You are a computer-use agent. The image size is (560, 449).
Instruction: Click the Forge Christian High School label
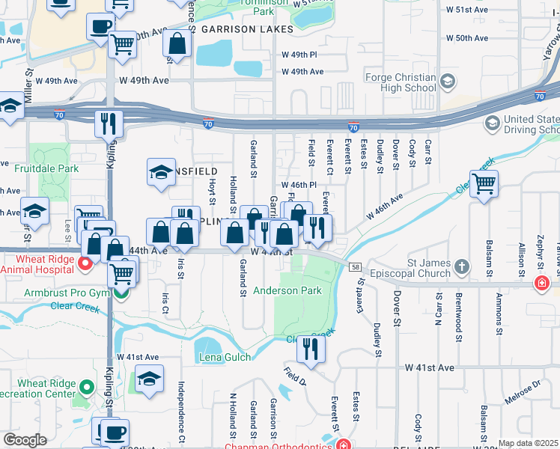pyautogui.click(x=401, y=82)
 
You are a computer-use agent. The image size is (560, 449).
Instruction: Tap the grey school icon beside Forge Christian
pyautogui.click(x=447, y=81)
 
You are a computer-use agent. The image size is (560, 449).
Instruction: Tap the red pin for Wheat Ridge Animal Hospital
pyautogui.click(x=85, y=263)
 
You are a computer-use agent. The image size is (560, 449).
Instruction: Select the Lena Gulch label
pyautogui.click(x=225, y=358)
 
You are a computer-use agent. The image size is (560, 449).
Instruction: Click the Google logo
pyautogui.click(x=25, y=440)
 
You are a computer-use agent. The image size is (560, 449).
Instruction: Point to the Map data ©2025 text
pyautogui.click(x=529, y=443)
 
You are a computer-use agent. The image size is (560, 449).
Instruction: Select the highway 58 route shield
pyautogui.click(x=356, y=267)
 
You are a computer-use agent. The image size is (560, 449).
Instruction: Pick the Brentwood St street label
pyautogui.click(x=457, y=319)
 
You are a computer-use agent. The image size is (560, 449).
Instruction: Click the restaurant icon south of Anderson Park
pyautogui.click(x=310, y=349)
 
